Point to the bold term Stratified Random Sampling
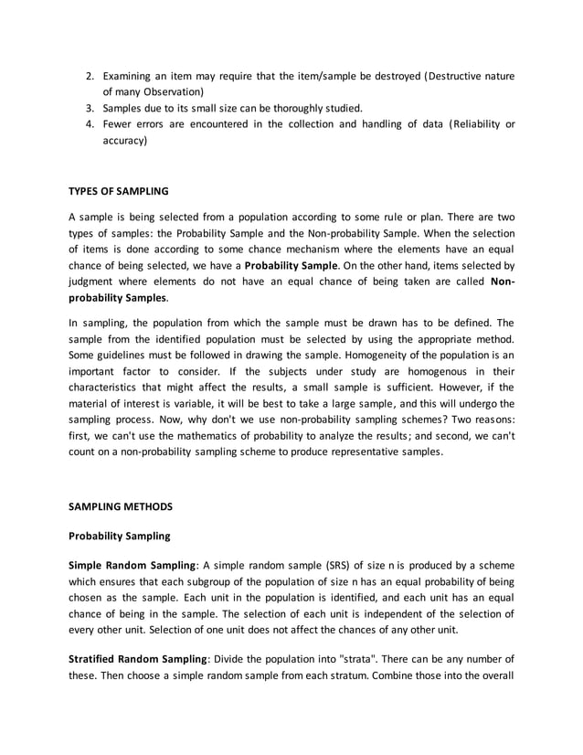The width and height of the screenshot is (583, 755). [139, 659]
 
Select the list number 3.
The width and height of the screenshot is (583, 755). [88, 108]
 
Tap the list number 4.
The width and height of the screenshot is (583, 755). [88, 124]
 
